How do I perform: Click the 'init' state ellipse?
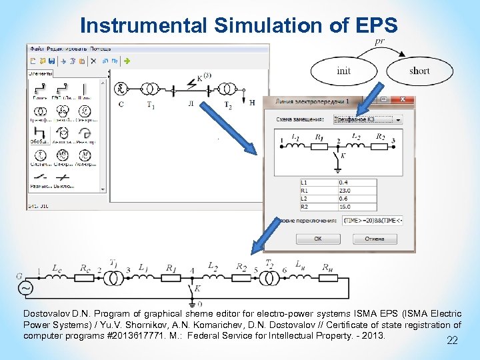click(344, 71)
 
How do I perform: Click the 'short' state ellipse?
click(419, 71)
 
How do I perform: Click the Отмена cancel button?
click(374, 238)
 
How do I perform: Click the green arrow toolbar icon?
click(127, 61)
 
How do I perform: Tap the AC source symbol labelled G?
click(26, 288)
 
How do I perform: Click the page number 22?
click(452, 341)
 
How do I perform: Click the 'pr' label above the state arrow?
click(379, 42)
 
